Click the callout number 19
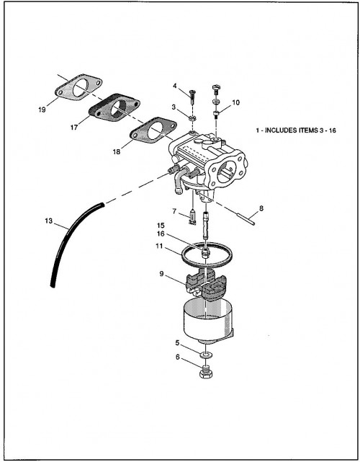click(42, 110)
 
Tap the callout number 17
click(74, 128)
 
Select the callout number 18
click(117, 152)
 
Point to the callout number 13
click(48, 221)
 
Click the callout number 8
click(261, 208)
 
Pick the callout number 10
click(235, 102)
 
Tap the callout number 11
click(159, 246)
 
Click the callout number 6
click(178, 357)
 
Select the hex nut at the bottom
click(206, 372)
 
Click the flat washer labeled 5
click(207, 354)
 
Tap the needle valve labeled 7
click(192, 217)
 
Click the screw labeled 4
click(193, 97)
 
